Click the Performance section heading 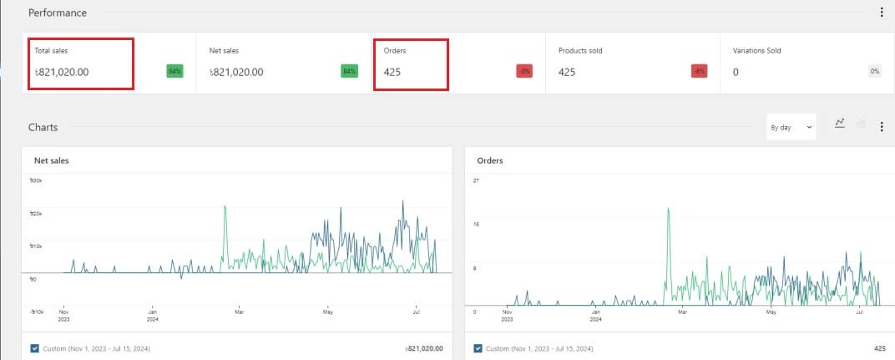(58, 13)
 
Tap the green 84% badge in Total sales (174, 72)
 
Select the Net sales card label (224, 51)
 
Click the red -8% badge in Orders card (524, 72)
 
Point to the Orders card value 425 (392, 72)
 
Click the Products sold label (580, 51)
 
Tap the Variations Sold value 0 (736, 72)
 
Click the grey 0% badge (874, 72)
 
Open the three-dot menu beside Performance (882, 13)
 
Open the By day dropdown (791, 127)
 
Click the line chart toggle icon (840, 124)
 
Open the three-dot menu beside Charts (882, 127)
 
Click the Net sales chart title (51, 160)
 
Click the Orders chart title (490, 160)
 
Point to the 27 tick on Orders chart (476, 180)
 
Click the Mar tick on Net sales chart (240, 313)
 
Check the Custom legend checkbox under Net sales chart (35, 348)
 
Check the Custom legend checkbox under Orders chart (478, 348)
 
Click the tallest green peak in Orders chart (669, 210)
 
